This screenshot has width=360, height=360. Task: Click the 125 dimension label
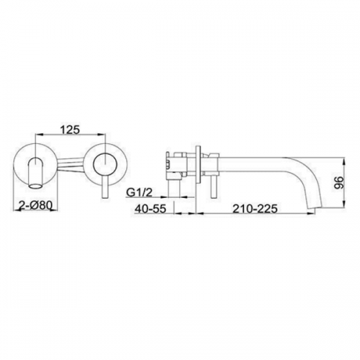tap(69, 130)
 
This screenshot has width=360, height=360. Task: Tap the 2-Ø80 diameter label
tap(35, 205)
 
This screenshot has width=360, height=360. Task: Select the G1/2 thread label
tap(139, 193)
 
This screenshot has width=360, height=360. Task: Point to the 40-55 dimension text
tap(150, 209)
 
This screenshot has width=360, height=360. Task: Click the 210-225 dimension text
tap(255, 209)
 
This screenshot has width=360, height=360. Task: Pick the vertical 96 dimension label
tap(339, 183)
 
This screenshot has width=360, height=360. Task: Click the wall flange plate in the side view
tap(198, 164)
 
